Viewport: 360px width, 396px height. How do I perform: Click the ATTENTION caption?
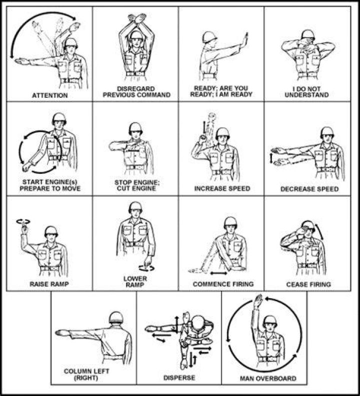pos(50,95)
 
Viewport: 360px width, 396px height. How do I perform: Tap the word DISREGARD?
pos(136,89)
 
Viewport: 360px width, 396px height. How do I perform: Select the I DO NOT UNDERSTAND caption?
pos(306,92)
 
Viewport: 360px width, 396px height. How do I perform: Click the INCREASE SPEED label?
pos(222,189)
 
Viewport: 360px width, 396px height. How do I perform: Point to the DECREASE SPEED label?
pos(309,189)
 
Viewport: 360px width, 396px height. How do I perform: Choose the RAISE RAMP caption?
pos(49,284)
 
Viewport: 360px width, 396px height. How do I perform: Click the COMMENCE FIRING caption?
pos(223,284)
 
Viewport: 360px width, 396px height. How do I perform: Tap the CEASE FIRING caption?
pos(308,284)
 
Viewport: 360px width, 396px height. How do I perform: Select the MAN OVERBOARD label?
pos(268,379)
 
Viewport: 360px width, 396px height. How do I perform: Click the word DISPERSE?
pos(179,378)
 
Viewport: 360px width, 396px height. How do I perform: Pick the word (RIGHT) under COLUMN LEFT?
pos(86,378)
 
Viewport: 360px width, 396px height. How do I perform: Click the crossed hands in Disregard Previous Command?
pos(137,19)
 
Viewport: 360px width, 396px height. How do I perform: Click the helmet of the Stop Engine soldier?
pos(135,128)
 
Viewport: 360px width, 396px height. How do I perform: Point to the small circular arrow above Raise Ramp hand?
pos(23,222)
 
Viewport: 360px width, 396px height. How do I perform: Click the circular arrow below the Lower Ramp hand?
pos(146,268)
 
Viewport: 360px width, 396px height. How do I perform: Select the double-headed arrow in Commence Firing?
pos(218,273)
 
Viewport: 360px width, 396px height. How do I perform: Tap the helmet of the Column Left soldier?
pos(116,317)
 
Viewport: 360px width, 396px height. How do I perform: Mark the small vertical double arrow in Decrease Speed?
pos(271,159)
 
